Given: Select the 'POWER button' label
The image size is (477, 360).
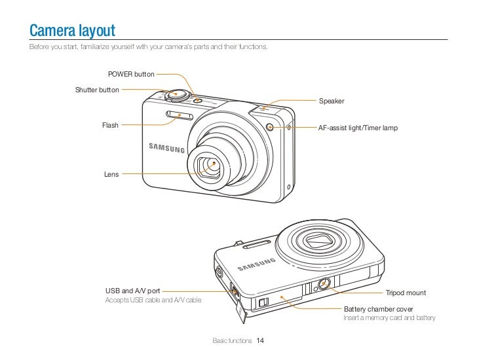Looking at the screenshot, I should coord(131,75).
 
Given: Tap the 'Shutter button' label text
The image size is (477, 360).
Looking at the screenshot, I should coord(97,89).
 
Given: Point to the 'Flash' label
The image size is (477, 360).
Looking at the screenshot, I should coord(110,125).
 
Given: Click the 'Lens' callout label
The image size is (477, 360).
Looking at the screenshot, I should coord(111,174).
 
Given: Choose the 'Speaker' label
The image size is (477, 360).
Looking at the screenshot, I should coord(331,101).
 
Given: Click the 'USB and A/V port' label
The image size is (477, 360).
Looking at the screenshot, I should coord(132,290).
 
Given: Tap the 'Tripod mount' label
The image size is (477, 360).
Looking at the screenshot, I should coord(406,292).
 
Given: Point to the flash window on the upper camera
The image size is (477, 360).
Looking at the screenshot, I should coord(178,117).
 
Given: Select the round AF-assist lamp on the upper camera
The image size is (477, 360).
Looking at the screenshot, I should coord(270,126).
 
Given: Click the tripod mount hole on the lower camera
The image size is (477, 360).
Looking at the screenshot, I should coord(323,285).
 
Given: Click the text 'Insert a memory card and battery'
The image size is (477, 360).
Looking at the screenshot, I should coord(389,318).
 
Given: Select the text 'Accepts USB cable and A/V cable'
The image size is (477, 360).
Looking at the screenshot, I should coord(154,300).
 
